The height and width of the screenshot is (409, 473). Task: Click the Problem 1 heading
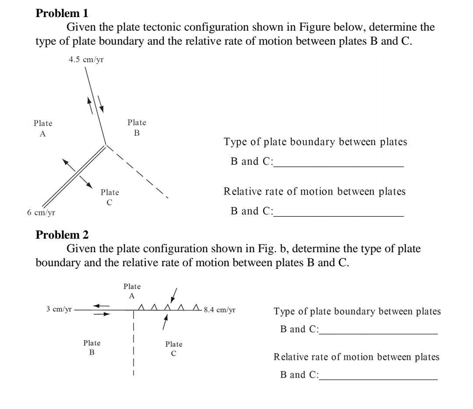click(x=62, y=14)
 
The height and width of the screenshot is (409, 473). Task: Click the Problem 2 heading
click(x=62, y=235)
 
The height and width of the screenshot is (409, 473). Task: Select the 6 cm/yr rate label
click(x=41, y=213)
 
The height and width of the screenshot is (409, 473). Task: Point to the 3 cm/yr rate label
click(x=59, y=309)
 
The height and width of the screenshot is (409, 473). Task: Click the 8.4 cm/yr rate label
click(x=220, y=310)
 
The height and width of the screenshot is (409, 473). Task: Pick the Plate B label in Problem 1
click(x=137, y=127)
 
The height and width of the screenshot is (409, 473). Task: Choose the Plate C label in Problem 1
click(x=109, y=197)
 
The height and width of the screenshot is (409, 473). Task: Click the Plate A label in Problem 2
click(x=132, y=291)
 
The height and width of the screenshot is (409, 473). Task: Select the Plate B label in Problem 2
click(x=92, y=347)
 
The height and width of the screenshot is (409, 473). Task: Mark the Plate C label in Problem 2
click(x=174, y=349)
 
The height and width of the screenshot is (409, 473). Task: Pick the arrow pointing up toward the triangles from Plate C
click(x=165, y=323)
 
